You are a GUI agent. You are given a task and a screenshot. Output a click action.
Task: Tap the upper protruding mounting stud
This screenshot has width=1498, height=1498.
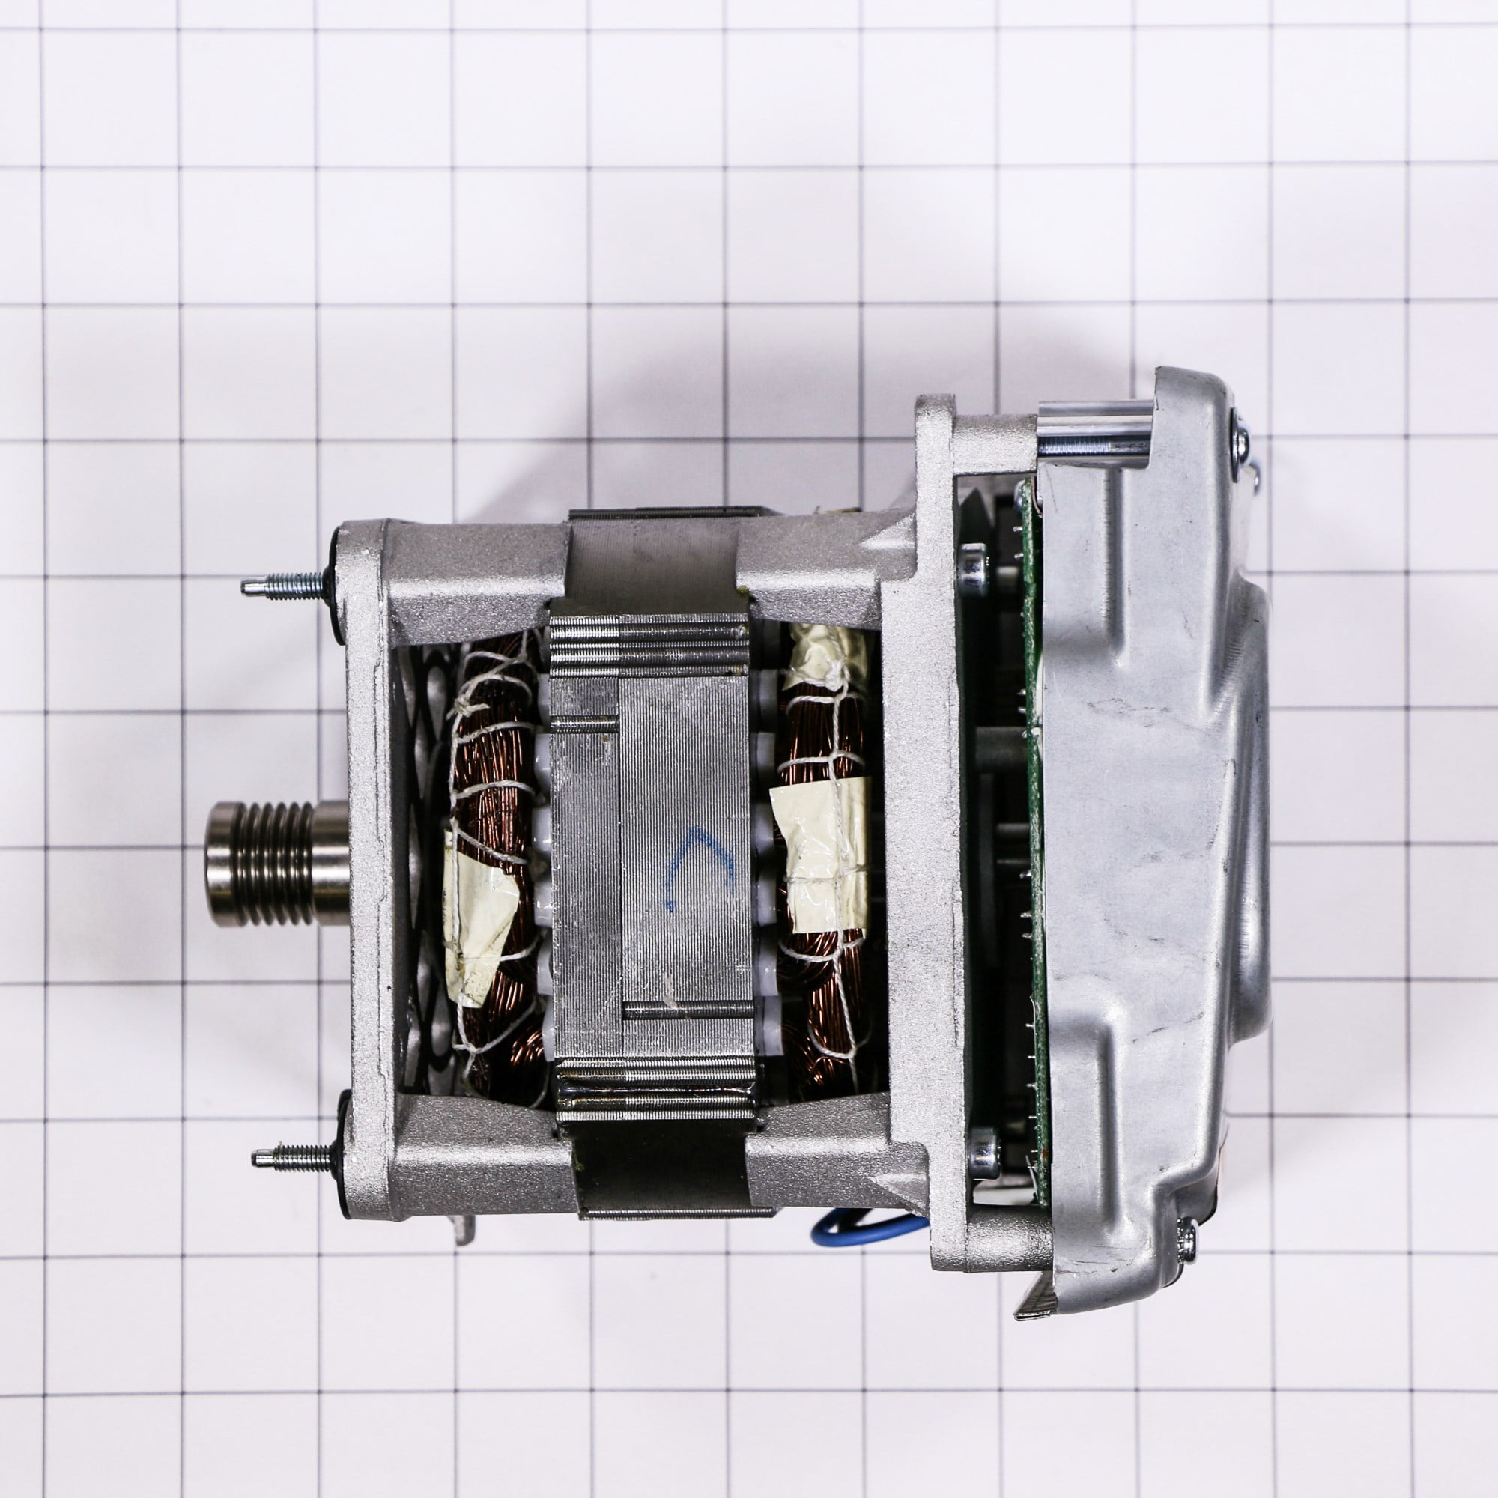click(x=283, y=583)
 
